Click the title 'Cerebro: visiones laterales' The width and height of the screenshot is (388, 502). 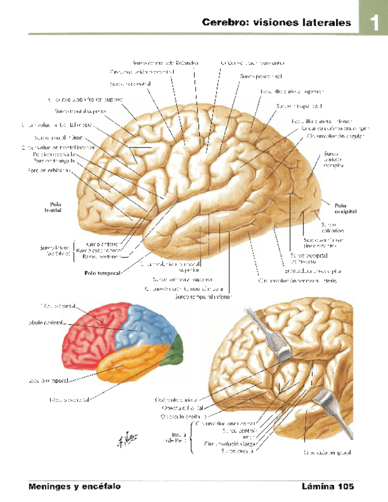pyautogui.click(x=276, y=23)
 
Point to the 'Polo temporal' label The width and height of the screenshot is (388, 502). pyautogui.click(x=103, y=273)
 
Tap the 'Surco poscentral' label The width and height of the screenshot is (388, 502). pyautogui.click(x=254, y=76)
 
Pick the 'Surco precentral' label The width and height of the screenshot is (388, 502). pyautogui.click(x=131, y=85)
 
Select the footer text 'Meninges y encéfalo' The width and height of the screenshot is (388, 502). pyautogui.click(x=75, y=487)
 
